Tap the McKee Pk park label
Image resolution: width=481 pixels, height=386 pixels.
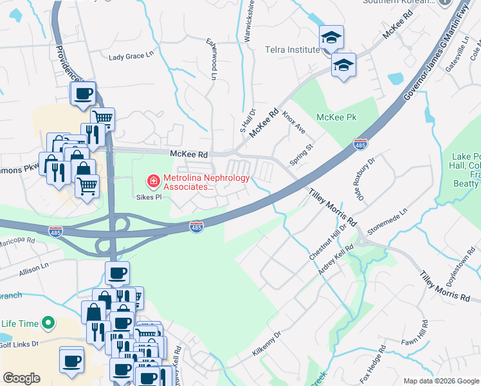click(x=336, y=117)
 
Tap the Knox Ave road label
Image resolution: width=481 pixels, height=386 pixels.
click(x=293, y=121)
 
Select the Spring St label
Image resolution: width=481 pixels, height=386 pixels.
click(x=301, y=155)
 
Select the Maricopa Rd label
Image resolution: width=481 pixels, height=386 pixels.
click(x=17, y=244)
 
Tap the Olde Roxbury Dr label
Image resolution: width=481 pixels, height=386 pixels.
click(x=363, y=181)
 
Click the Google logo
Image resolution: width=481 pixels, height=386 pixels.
click(x=21, y=378)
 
